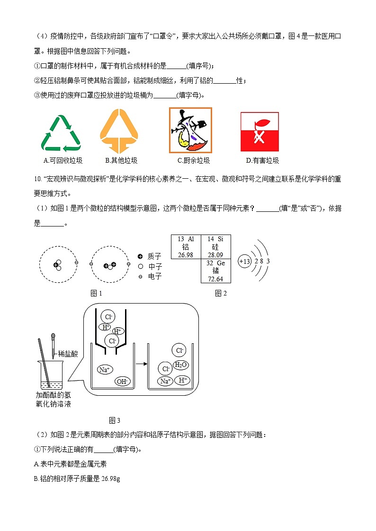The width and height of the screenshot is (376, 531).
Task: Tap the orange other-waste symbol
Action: [x=118, y=131]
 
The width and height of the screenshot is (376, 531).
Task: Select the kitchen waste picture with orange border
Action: [x=190, y=130]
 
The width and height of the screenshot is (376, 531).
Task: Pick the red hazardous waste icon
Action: [x=259, y=131]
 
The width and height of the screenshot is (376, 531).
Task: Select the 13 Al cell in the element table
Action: [x=186, y=247]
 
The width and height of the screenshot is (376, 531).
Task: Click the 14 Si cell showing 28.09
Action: [x=215, y=247]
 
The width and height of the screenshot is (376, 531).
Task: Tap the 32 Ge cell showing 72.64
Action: [x=215, y=271]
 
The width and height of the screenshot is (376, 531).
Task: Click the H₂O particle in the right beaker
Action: [x=181, y=365]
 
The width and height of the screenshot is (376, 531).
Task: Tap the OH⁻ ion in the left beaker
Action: [x=122, y=382]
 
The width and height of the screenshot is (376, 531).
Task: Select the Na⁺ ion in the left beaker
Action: [x=105, y=369]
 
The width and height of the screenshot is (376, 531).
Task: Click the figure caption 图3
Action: [x=115, y=420]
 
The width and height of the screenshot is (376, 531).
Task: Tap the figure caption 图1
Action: [x=96, y=293]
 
